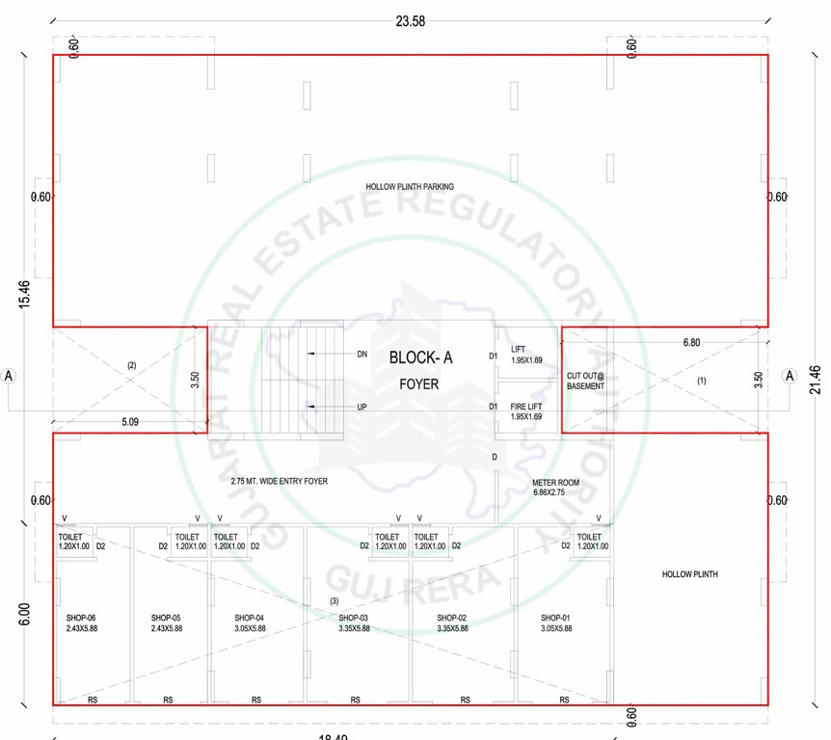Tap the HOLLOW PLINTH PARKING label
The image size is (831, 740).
410,187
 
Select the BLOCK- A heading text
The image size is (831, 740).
420,357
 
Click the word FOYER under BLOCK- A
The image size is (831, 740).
420,383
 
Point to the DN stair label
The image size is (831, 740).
362,355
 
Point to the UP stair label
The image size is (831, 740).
362,408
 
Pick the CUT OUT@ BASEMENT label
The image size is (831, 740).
585,381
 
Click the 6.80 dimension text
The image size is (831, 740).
692,342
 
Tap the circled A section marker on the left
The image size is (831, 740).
10,375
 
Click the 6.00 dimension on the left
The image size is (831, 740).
24,613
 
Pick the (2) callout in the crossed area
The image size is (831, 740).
131,365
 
